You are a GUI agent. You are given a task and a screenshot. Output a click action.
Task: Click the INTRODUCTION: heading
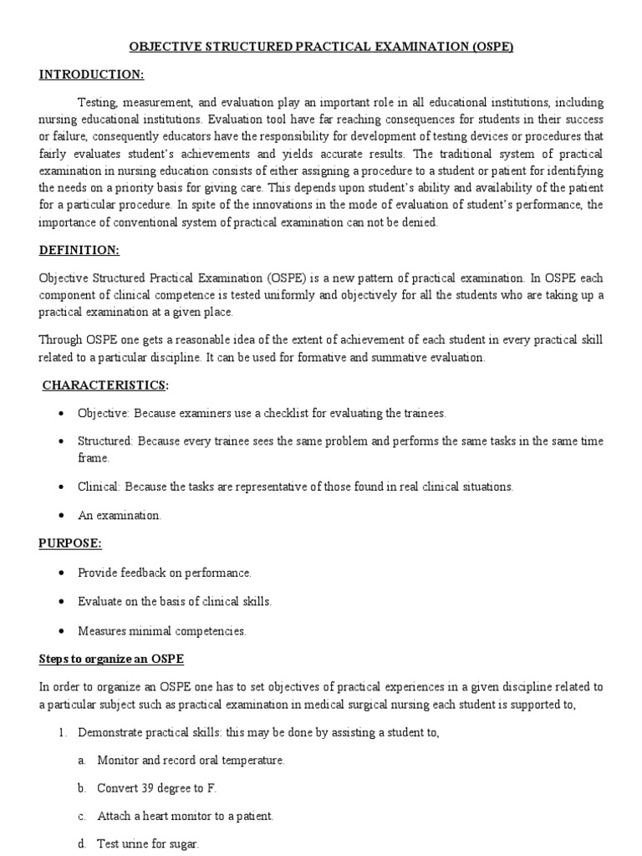click(92, 74)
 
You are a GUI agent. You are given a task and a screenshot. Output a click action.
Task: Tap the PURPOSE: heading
click(70, 543)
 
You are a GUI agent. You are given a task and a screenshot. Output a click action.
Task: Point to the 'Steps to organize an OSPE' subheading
click(112, 660)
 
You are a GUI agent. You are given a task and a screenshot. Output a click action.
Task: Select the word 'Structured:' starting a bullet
click(106, 441)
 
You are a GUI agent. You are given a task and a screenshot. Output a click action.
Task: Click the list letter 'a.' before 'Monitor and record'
click(82, 760)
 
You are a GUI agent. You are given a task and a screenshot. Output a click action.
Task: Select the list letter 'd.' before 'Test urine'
click(82, 844)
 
